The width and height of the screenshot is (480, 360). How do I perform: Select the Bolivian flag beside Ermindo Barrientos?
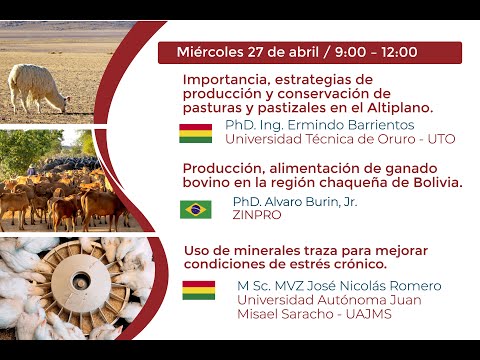(x=196, y=133)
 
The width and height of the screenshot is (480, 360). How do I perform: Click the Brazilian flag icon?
(x=196, y=209)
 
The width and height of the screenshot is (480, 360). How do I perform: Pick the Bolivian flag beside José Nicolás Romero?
(x=198, y=291)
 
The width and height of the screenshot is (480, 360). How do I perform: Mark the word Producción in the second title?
(x=222, y=169)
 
